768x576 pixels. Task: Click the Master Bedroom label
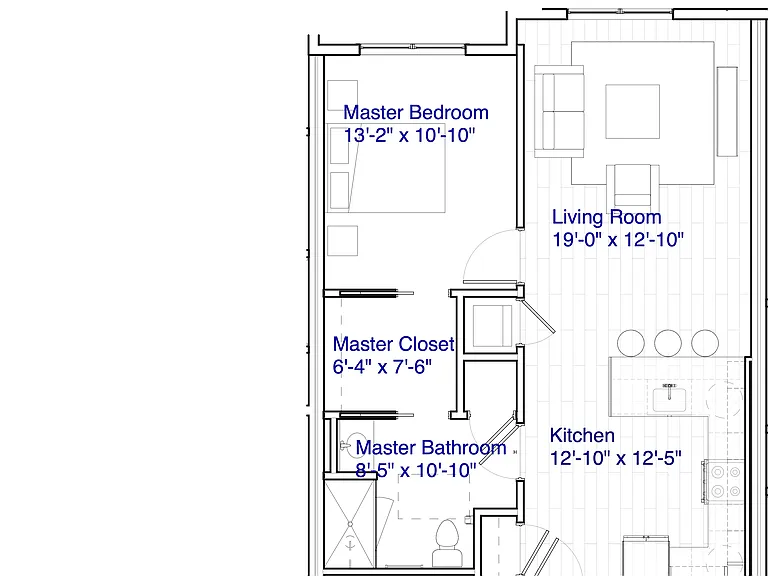(416, 113)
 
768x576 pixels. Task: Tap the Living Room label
(606, 217)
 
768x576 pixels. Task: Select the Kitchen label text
(582, 435)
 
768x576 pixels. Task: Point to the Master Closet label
(394, 344)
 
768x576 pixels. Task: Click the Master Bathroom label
(431, 448)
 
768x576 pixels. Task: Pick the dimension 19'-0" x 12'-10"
(618, 240)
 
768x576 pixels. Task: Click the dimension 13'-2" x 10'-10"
(409, 135)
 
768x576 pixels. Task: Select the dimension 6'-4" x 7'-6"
(383, 366)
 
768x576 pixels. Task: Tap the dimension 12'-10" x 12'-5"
(616, 458)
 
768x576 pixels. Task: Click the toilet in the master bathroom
(447, 543)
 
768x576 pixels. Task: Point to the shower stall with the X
(350, 525)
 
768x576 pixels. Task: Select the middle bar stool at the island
(668, 343)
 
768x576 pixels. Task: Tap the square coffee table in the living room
(632, 112)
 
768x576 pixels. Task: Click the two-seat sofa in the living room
(559, 112)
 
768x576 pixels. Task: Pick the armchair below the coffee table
(632, 186)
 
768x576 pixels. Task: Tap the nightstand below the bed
(342, 240)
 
